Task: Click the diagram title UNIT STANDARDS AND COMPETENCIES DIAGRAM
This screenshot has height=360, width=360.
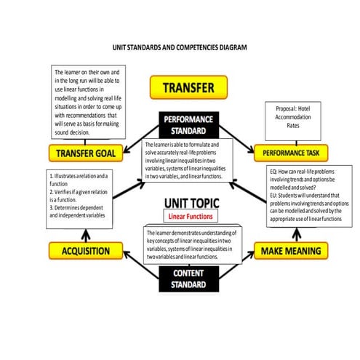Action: click(x=180, y=47)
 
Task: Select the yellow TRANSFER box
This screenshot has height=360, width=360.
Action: click(x=188, y=88)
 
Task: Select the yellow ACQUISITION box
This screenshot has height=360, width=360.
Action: click(x=84, y=252)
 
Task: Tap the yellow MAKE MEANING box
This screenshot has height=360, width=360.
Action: click(x=287, y=252)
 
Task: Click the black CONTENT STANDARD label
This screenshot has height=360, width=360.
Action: click(x=188, y=279)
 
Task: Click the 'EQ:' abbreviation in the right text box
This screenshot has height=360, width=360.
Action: click(x=274, y=172)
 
